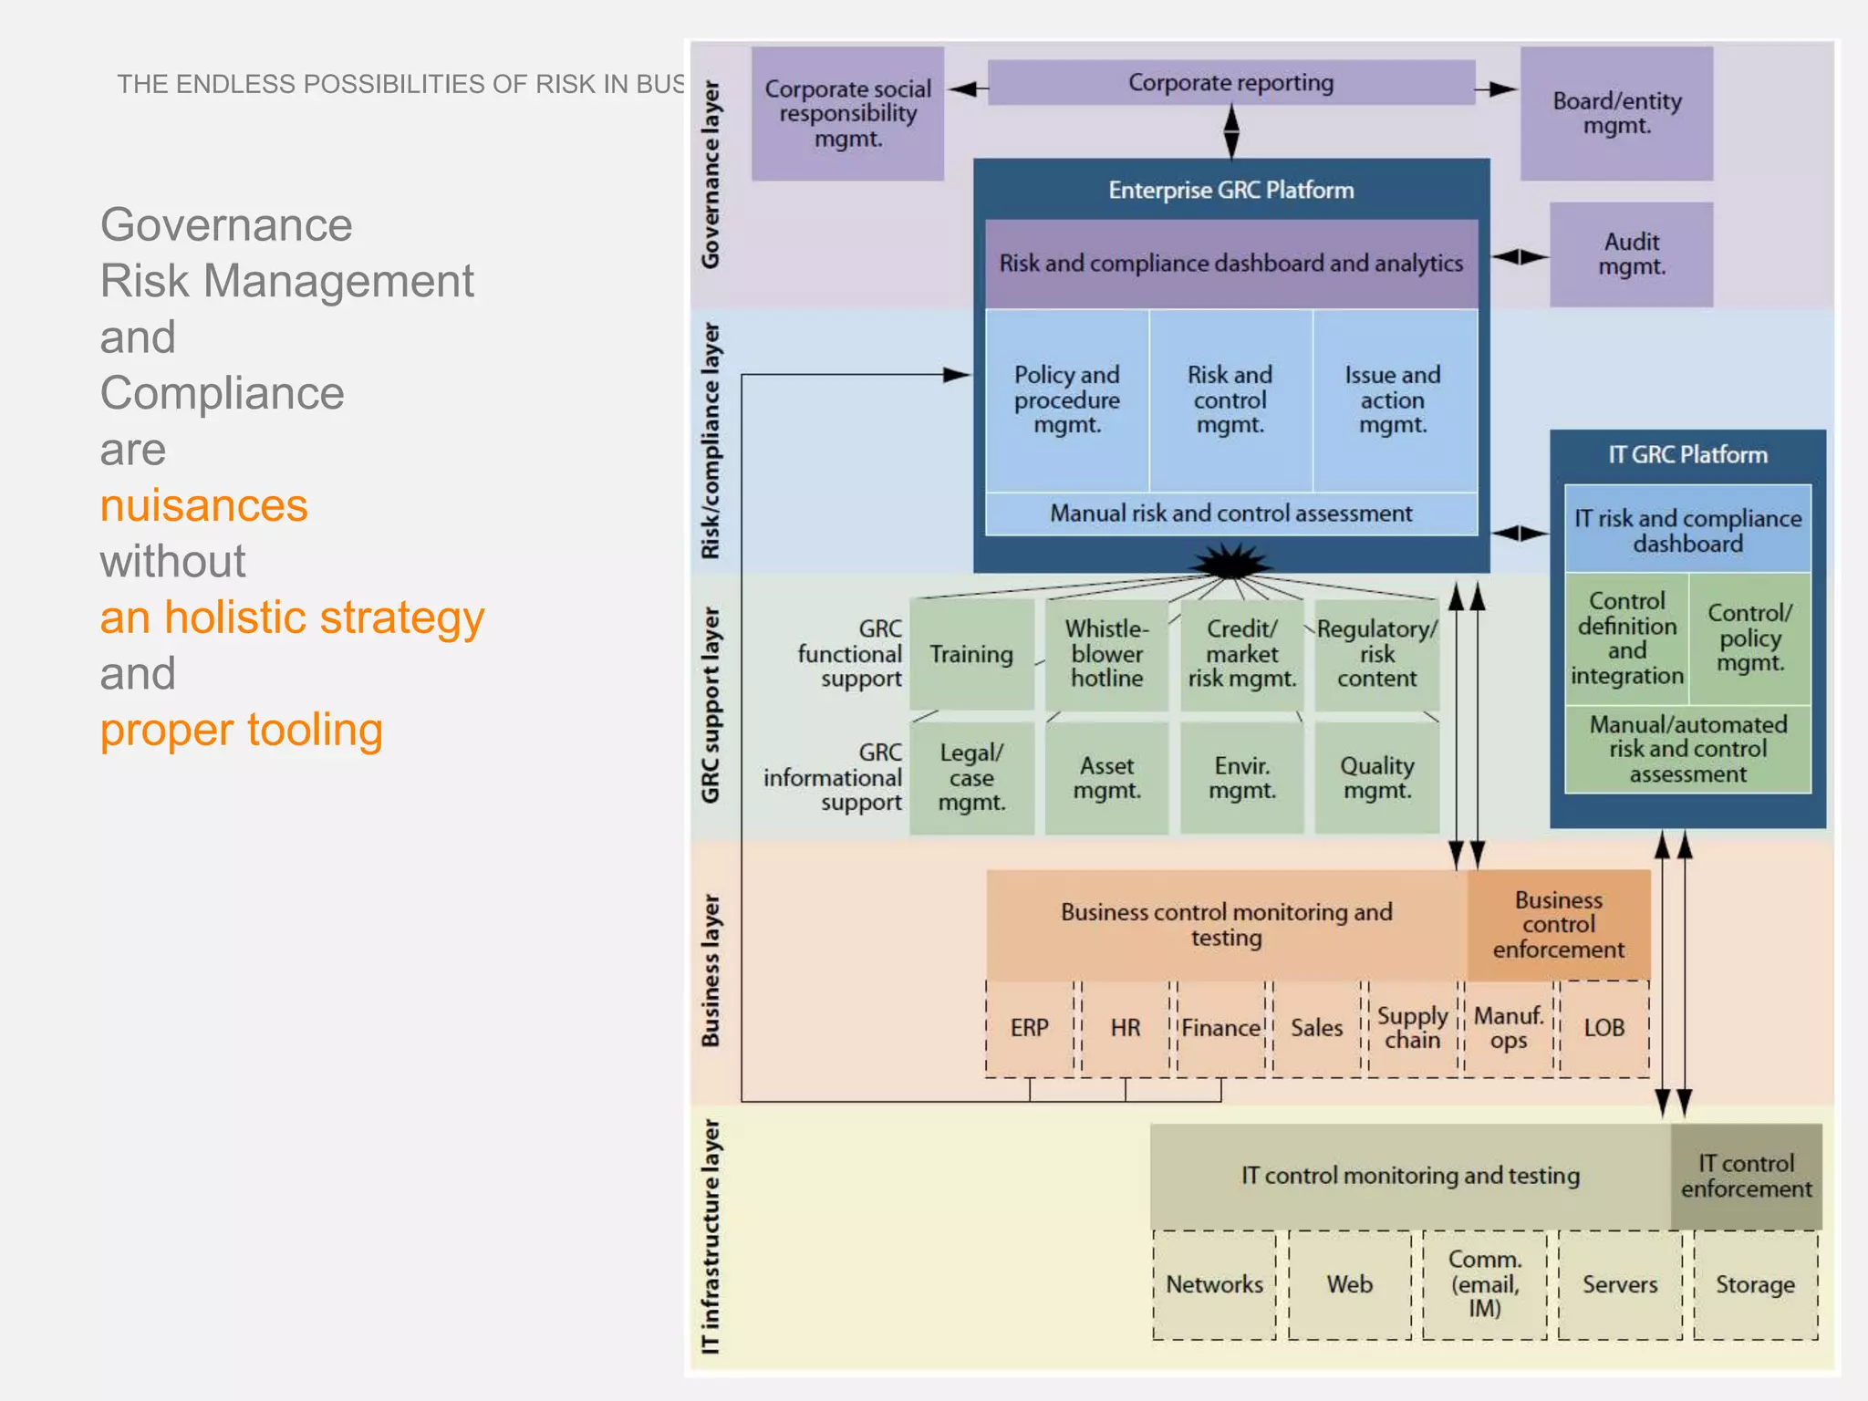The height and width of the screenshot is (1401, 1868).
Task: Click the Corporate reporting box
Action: coord(1230,83)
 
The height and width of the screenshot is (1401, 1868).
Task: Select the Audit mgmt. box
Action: coord(1631,254)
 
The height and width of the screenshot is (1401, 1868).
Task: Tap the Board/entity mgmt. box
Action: coord(1616,114)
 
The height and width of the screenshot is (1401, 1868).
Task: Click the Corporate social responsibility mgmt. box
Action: coord(847,114)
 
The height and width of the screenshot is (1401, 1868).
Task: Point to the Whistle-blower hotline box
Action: coord(1106,654)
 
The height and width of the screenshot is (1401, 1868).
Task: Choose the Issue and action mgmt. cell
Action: coord(1392,400)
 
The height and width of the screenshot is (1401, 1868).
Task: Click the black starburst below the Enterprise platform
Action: coord(1231,563)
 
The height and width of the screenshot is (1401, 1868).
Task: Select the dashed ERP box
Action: coord(1030,1028)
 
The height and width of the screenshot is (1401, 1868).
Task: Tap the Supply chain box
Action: coord(1412,1028)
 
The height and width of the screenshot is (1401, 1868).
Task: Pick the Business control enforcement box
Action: coord(1559,925)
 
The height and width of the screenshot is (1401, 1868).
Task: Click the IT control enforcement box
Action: coord(1746,1177)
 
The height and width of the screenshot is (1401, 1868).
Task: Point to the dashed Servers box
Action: coord(1620,1285)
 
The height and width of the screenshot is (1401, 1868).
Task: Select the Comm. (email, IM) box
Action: coord(1484,1284)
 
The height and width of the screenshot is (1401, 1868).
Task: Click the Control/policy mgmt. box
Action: coord(1749,638)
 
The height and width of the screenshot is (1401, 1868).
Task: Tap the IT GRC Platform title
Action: coord(1687,455)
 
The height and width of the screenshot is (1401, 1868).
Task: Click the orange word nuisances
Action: coord(203,505)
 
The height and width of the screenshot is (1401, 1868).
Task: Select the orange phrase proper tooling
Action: coord(241,730)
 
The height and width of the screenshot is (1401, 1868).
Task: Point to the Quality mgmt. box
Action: coord(1376,778)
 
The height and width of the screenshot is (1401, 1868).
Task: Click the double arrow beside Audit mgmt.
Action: coord(1520,257)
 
